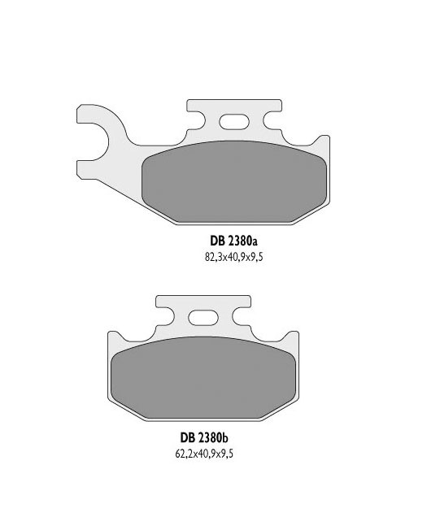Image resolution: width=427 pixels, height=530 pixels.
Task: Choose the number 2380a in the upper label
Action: pos(241,241)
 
